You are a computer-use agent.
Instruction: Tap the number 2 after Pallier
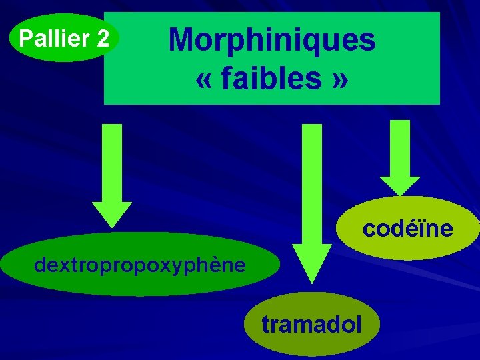tap(103, 39)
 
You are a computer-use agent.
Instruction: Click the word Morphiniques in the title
tap(272, 40)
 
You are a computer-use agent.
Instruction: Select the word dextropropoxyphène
tap(139, 265)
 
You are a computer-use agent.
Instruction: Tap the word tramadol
tap(312, 325)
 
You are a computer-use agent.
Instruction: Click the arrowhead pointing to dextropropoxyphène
tap(112, 214)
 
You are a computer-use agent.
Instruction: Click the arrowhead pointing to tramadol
tap(312, 263)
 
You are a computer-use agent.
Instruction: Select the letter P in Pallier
tap(26, 39)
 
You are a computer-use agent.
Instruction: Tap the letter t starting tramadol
tap(265, 325)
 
